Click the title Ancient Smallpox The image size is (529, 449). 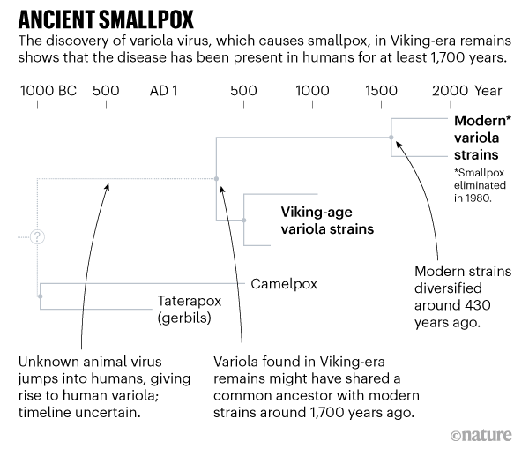[x=101, y=19]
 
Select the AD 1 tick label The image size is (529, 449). [x=164, y=91]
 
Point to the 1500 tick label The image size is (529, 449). [x=381, y=91]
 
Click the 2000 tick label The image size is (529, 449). [x=450, y=91]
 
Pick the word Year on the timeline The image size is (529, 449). [x=488, y=91]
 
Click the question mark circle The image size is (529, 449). [x=37, y=237]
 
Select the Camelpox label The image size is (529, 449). [x=283, y=284]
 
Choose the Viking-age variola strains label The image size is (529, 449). [x=327, y=221]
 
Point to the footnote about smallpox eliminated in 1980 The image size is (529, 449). [x=481, y=186]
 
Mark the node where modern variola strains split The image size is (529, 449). [x=391, y=137]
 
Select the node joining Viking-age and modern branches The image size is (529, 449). [x=216, y=178]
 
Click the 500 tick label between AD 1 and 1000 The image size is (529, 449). [x=243, y=91]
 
